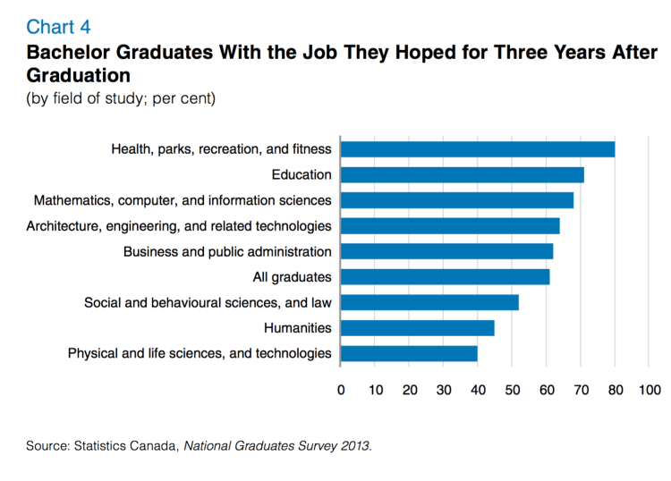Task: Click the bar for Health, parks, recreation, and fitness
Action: point(478,149)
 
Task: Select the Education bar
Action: point(463,174)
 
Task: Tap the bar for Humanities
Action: point(418,328)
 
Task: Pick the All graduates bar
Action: point(446,277)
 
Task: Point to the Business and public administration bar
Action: point(447,251)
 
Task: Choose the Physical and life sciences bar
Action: point(409,353)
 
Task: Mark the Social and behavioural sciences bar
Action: point(429,302)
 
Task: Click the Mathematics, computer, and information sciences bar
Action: point(457,200)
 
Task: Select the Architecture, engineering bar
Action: point(450,226)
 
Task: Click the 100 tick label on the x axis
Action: point(649,391)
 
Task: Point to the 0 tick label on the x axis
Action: point(341,391)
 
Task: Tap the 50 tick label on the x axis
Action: point(513,391)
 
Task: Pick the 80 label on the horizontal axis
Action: point(616,391)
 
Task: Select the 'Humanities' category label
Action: point(298,328)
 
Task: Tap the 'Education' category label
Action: point(302,174)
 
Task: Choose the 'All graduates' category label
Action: point(293,277)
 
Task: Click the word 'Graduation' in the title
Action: point(79,74)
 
